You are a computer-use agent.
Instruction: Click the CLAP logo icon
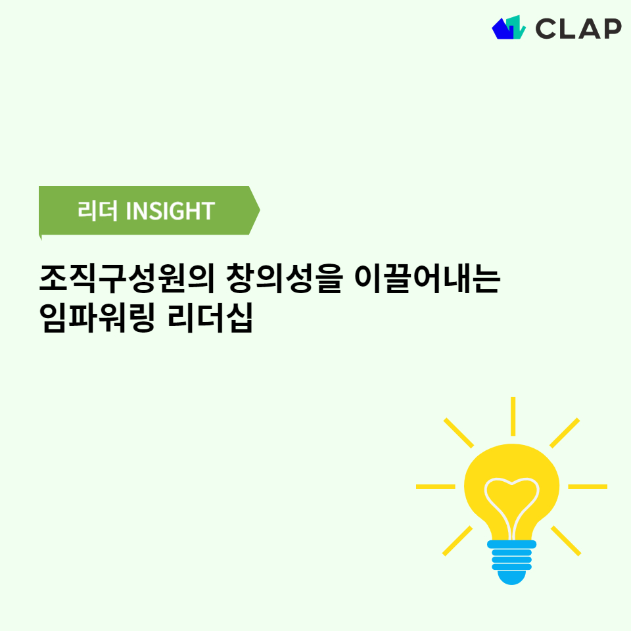[509, 28]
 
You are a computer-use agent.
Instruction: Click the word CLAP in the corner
[578, 28]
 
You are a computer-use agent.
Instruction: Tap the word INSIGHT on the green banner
[170, 210]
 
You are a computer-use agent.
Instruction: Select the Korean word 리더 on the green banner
[97, 210]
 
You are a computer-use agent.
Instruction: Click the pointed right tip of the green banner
[260, 210]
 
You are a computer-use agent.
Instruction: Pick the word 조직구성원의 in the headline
[127, 279]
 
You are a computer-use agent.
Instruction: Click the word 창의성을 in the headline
[285, 279]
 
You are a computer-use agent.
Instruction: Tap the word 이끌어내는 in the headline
[427, 279]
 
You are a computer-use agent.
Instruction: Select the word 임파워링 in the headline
[97, 318]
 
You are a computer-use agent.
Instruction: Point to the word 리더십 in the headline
[210, 318]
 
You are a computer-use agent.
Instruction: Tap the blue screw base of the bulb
[511, 562]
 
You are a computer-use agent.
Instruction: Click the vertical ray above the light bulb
[513, 416]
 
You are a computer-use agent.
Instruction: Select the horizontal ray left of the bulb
[435, 486]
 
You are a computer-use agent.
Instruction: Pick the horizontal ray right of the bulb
[588, 486]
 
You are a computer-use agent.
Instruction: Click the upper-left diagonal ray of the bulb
[458, 432]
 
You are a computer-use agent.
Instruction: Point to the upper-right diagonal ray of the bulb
[565, 432]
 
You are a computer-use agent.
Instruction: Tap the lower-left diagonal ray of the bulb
[457, 540]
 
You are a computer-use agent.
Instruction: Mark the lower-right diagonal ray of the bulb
[566, 540]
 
